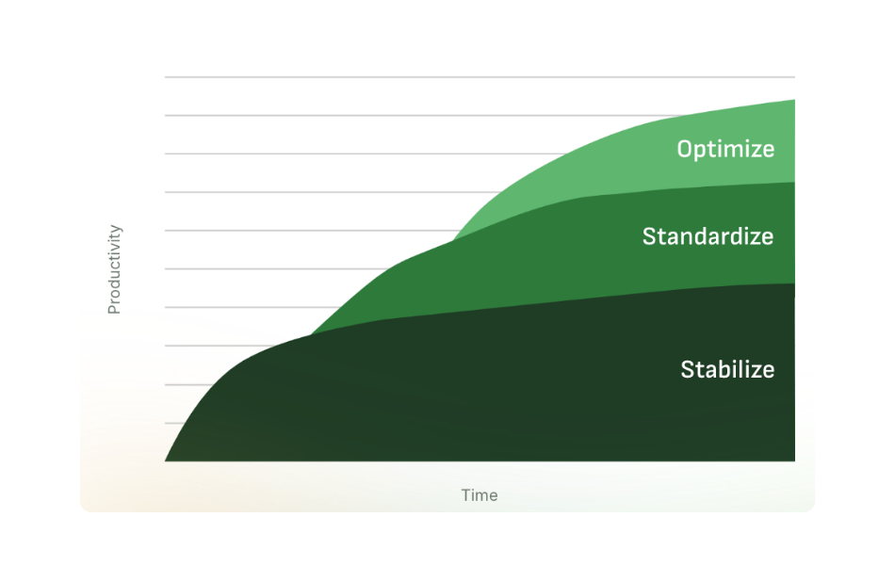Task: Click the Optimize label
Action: tap(725, 150)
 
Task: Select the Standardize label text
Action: tap(708, 236)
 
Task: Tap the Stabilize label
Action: tap(727, 369)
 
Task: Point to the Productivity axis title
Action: tap(114, 268)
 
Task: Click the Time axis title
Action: tap(480, 494)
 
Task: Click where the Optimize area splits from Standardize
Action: tap(453, 240)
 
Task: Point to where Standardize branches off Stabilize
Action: tap(311, 335)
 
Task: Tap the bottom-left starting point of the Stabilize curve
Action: tap(165, 461)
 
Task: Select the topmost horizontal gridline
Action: tap(480, 76)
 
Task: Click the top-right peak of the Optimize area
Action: tap(794, 100)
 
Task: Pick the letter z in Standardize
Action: tap(753, 238)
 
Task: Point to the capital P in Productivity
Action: tap(114, 309)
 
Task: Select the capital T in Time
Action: tap(466, 494)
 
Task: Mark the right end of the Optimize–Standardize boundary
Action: tap(794, 183)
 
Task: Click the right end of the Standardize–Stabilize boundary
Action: tap(794, 283)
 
